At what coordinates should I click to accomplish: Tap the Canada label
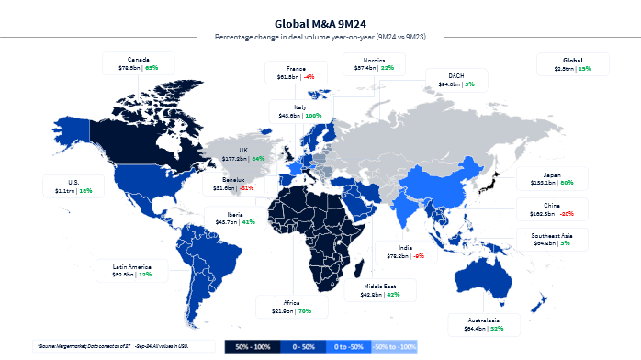tap(139, 58)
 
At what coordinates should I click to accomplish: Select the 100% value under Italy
tap(313, 116)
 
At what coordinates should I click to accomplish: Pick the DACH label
tap(456, 75)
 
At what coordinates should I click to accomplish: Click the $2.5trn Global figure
tap(559, 67)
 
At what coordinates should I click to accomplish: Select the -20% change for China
tap(567, 213)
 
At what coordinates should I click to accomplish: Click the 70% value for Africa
tap(305, 310)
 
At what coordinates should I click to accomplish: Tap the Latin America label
tap(133, 265)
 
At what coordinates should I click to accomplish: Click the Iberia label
tap(220, 214)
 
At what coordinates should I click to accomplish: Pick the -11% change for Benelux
tap(246, 187)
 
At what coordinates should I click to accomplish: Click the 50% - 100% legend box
tap(251, 347)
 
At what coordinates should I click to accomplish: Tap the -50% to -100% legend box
tap(395, 347)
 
